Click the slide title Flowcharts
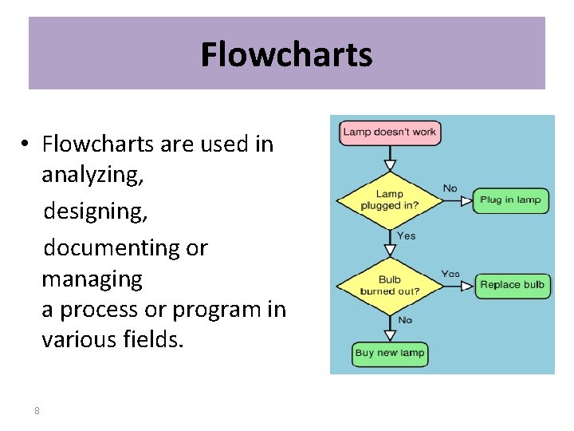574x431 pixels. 286,55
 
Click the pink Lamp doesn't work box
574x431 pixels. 390,132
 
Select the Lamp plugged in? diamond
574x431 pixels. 389,200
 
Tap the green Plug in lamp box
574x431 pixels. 511,200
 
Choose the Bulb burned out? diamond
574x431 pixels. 389,285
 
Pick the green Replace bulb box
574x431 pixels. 512,285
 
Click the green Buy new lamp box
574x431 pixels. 390,353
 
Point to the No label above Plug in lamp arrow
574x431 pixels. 450,188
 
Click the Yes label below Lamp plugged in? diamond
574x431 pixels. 406,236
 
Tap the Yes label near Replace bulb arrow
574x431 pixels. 450,274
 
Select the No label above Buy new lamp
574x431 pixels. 405,320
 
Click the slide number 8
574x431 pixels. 37,410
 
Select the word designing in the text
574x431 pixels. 95,212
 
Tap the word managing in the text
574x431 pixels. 92,279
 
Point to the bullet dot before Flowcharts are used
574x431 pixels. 26,144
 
